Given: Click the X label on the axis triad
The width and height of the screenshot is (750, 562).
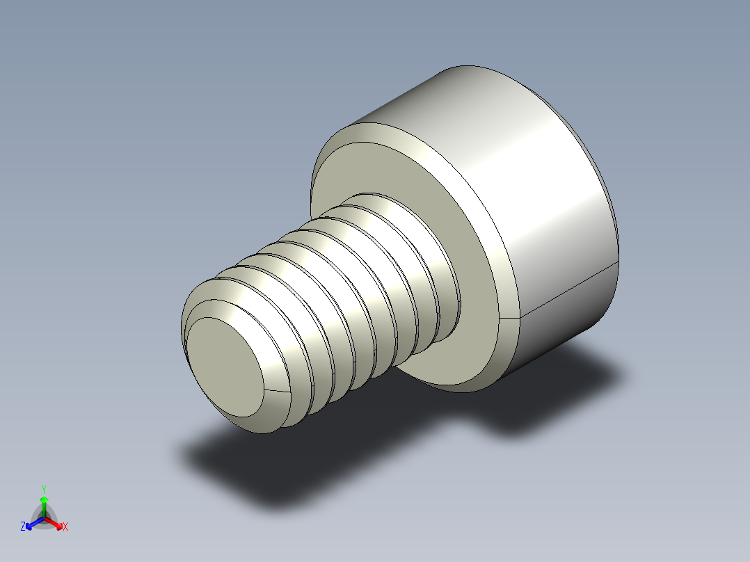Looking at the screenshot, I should [65, 527].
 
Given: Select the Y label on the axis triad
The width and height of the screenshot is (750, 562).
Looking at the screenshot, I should [44, 488].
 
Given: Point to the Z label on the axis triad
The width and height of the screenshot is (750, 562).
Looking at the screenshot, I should [23, 527].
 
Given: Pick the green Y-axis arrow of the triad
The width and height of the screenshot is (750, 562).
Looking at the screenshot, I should [44, 502].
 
